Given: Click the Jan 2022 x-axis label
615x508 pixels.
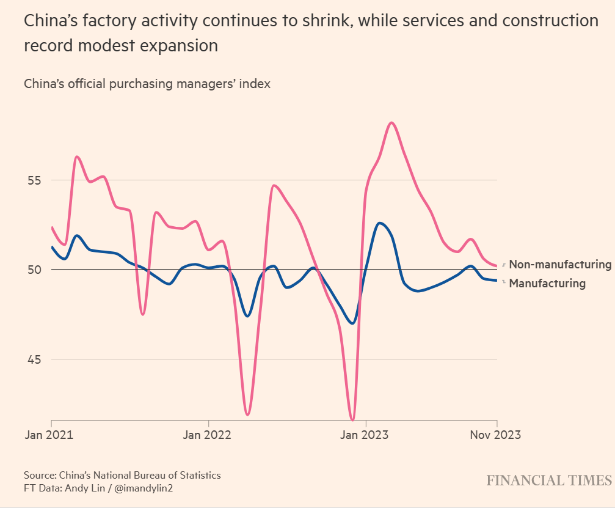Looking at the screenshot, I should pos(208,435).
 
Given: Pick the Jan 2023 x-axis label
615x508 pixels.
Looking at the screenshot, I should pos(365,435).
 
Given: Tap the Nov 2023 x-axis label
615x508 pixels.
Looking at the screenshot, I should pos(495,435).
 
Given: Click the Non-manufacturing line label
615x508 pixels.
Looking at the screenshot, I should pos(559,265).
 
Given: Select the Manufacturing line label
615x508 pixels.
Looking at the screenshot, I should pos(547,284).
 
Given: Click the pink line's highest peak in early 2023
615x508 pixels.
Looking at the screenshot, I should pos(391,123).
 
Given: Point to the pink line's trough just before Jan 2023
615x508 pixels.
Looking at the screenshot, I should pos(352,420).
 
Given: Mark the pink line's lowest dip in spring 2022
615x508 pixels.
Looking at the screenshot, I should pos(247,414).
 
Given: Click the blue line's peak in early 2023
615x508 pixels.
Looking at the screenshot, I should pos(380,223).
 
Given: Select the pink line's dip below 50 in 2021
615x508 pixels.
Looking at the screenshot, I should pos(142,314).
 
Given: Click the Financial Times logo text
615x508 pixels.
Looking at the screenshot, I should pos(549,480).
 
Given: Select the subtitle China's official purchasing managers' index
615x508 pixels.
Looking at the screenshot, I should pos(147,84).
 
